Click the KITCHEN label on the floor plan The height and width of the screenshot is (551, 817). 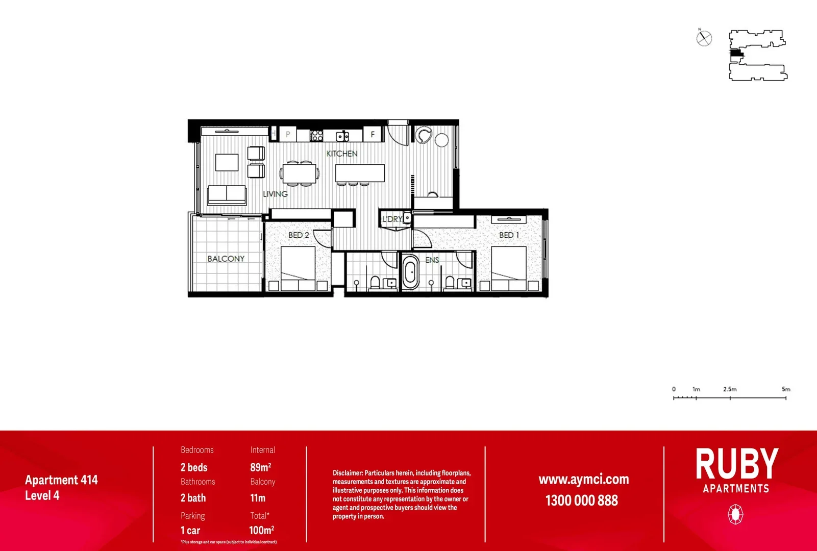point(342,154)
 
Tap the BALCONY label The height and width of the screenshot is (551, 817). point(226,259)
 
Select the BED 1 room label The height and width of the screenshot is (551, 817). point(509,235)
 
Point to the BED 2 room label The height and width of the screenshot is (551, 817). point(299,235)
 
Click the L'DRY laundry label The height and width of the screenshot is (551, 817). point(392,219)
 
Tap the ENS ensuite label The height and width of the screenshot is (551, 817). point(432,260)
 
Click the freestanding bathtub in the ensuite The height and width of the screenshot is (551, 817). point(410,273)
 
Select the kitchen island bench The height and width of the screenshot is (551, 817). point(360,173)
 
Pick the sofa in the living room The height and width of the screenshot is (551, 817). point(227,195)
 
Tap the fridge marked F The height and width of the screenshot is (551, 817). point(373,135)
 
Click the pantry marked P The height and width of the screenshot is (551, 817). point(288,135)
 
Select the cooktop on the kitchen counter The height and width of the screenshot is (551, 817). point(316,135)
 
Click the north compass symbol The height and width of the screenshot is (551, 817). point(704,38)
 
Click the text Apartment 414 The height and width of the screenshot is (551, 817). point(61,480)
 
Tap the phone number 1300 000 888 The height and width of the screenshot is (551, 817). point(582,500)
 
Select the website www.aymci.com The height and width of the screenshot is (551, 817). point(584,480)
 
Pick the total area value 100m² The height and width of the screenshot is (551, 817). point(261,530)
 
